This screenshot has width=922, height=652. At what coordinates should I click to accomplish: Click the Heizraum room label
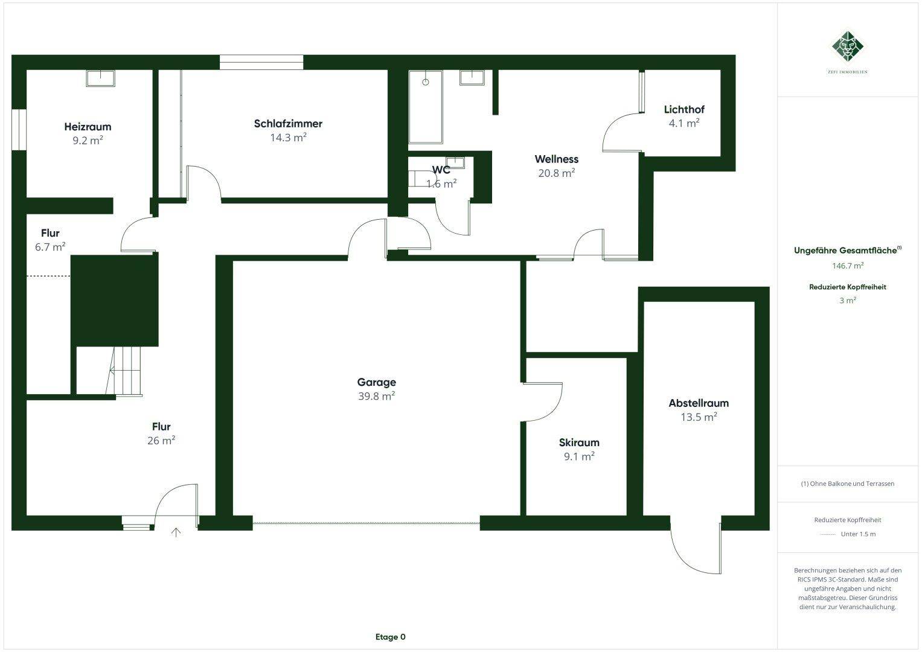(x=88, y=127)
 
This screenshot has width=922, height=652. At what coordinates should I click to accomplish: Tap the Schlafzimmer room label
(x=288, y=124)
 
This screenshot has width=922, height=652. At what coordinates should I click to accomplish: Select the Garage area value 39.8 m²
(x=376, y=396)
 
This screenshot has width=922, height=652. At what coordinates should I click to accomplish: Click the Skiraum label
(x=579, y=443)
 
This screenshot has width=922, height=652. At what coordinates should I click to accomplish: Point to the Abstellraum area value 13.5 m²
(x=699, y=417)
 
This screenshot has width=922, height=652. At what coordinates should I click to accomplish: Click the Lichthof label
(x=684, y=109)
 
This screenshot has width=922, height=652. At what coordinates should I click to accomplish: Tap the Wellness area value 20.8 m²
(x=556, y=173)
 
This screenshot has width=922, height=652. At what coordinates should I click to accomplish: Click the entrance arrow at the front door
(x=176, y=532)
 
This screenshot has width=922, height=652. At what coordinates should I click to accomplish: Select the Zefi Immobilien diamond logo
(x=848, y=46)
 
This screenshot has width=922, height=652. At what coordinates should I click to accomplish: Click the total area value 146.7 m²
(x=848, y=265)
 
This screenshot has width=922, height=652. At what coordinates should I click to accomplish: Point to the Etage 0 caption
(x=390, y=637)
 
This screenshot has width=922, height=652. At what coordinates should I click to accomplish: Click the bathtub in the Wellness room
(x=426, y=107)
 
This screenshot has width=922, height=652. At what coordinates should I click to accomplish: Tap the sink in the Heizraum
(x=100, y=78)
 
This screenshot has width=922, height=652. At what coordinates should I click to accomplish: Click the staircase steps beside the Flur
(x=127, y=371)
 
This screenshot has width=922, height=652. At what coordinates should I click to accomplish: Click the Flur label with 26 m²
(x=161, y=427)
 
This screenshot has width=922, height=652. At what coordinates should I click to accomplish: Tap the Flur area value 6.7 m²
(x=50, y=247)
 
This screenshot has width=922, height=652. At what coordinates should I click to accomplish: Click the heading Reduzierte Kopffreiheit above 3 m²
(x=848, y=287)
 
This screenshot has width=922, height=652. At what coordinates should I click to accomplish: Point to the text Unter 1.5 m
(x=858, y=534)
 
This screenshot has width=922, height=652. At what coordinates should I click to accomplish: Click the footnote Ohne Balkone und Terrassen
(x=848, y=484)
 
